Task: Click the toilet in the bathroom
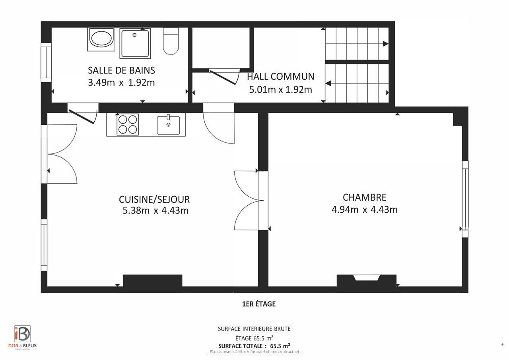[x=171, y=41]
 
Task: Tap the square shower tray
[x=135, y=43]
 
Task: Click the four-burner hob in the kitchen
[x=127, y=124]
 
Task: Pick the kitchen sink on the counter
[x=168, y=125]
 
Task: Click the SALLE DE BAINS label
[x=121, y=70]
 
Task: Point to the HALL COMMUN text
[x=280, y=76]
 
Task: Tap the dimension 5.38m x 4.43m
[x=155, y=211]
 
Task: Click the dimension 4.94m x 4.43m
[x=364, y=209]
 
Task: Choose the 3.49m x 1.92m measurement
[x=121, y=83]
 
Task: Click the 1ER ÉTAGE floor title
[x=258, y=304]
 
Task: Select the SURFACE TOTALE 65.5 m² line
[x=254, y=345]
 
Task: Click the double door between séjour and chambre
[x=249, y=201]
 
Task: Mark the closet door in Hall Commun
[x=224, y=76]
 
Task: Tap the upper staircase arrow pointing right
[x=385, y=44]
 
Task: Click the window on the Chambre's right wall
[x=464, y=199]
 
